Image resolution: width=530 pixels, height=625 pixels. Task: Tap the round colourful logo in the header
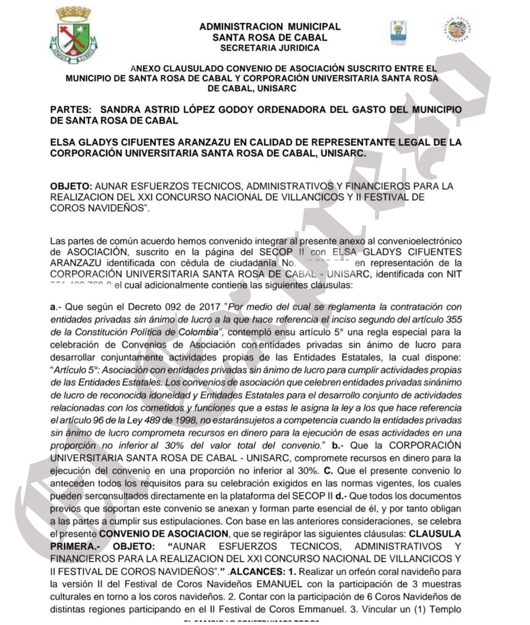click(457, 30)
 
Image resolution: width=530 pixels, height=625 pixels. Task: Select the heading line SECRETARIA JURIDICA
click(270, 48)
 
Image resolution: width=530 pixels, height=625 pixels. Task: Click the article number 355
click(454, 319)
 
